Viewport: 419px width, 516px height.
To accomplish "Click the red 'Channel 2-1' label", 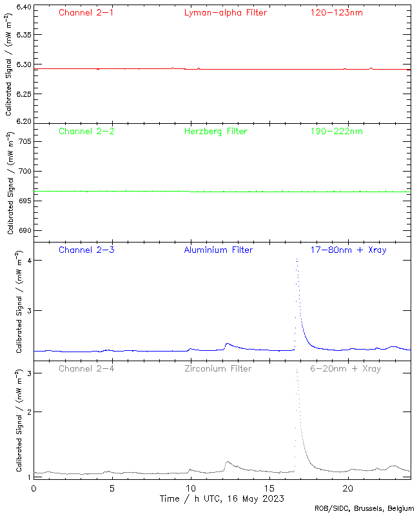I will coord(86,12).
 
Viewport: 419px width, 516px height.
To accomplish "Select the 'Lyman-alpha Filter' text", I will coord(225,12).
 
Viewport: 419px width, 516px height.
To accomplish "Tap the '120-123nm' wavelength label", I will coord(336,12).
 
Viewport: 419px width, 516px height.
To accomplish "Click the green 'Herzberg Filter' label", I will coord(216,132).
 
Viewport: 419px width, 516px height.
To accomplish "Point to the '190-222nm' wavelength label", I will coord(336,132).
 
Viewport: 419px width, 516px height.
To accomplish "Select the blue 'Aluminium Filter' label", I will coord(218,250).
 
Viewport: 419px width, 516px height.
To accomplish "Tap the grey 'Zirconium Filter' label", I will coord(218,369).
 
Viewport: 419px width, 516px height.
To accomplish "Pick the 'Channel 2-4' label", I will coord(86,369).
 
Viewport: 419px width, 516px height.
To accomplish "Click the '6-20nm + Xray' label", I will coord(345,369).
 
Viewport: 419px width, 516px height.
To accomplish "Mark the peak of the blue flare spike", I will coord(297,259).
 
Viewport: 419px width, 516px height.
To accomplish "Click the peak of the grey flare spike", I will coord(297,370).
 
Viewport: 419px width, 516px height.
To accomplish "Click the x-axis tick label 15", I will coord(269,488).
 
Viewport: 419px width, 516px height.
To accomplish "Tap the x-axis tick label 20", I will coord(348,488).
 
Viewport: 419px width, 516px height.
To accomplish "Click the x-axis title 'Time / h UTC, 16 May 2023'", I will coord(221,499).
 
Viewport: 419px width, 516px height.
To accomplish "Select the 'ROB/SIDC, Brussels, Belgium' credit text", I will coord(369,509).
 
